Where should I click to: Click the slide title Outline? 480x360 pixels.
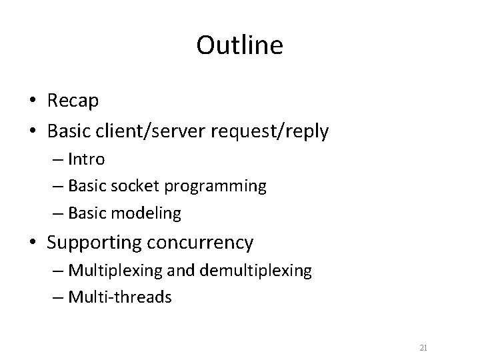click(x=239, y=45)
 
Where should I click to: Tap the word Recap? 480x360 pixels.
click(x=73, y=101)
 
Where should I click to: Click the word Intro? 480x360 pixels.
click(x=86, y=160)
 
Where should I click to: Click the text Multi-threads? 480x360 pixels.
click(x=120, y=297)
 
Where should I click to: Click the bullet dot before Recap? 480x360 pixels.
click(x=33, y=101)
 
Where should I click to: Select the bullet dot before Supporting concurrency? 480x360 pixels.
click(x=33, y=243)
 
